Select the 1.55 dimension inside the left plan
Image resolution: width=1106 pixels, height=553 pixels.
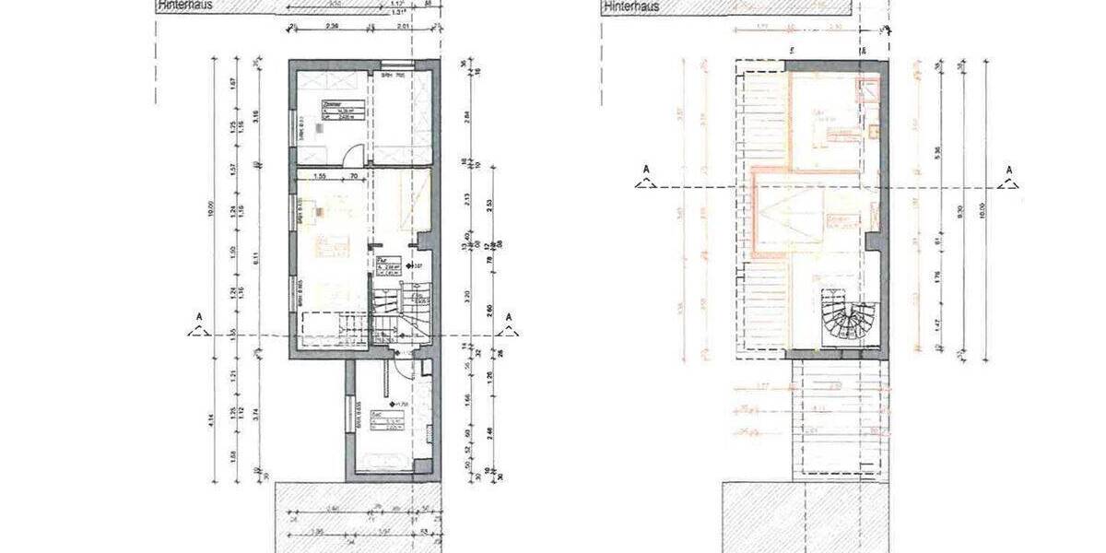click(x=321, y=175)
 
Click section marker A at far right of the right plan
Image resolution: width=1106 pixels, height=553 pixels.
click(x=1009, y=175)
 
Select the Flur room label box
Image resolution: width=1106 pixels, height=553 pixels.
click(x=386, y=266)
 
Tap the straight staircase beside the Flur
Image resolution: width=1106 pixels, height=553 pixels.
click(x=397, y=313)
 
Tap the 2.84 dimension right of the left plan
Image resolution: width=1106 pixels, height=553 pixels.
click(x=469, y=114)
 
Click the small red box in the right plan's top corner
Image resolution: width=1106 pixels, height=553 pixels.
click(x=866, y=89)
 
